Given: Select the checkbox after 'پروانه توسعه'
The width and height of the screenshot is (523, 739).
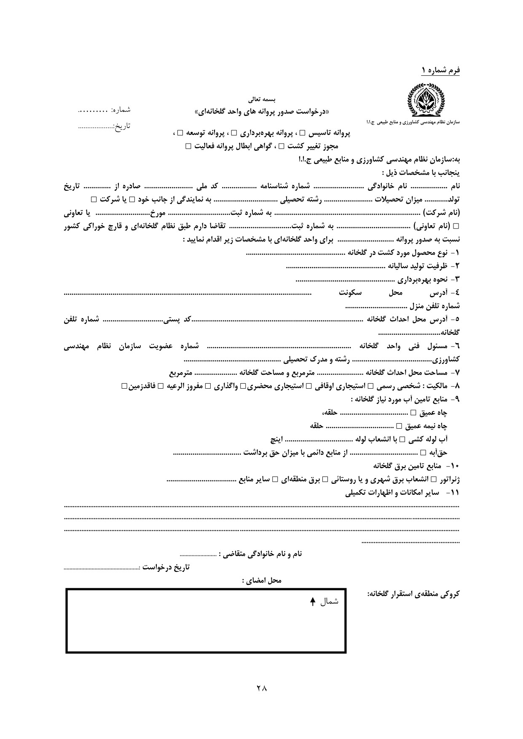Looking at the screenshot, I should click(x=180, y=133).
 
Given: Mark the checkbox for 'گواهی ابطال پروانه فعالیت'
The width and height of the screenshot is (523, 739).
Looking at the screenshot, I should click(x=188, y=146).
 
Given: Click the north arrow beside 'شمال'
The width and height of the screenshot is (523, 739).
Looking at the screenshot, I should click(x=312, y=602).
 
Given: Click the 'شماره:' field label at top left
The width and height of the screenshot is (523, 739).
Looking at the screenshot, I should click(x=121, y=110).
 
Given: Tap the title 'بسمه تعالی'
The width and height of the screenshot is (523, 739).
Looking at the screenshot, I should click(x=262, y=100).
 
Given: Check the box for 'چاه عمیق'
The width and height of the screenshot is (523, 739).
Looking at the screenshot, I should click(x=413, y=413).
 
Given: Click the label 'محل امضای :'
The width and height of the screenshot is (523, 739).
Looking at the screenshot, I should click(x=262, y=580).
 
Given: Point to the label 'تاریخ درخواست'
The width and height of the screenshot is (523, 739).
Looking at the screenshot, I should click(x=166, y=567).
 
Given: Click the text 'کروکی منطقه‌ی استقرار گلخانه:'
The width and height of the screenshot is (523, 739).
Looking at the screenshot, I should click(x=413, y=594).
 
